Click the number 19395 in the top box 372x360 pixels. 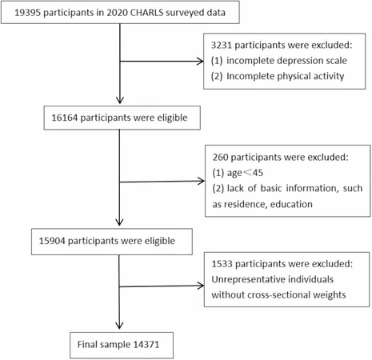pyautogui.click(x=27, y=13)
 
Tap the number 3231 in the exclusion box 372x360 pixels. pyautogui.click(x=222, y=45)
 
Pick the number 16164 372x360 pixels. pyautogui.click(x=64, y=118)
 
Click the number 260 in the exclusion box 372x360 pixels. pyautogui.click(x=220, y=157)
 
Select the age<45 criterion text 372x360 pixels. pyautogui.click(x=245, y=173)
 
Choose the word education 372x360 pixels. pyautogui.click(x=291, y=204)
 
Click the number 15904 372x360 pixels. pyautogui.click(x=52, y=241)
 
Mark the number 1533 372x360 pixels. pyautogui.click(x=222, y=264)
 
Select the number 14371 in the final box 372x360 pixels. pyautogui.click(x=146, y=344)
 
